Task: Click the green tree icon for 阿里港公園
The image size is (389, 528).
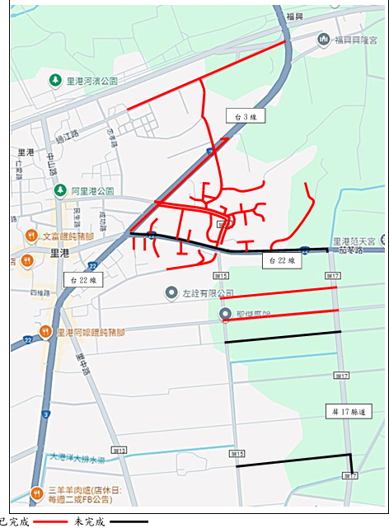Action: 60,190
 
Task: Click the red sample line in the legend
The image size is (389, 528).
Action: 49,521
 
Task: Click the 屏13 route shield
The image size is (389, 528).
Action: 120,451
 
